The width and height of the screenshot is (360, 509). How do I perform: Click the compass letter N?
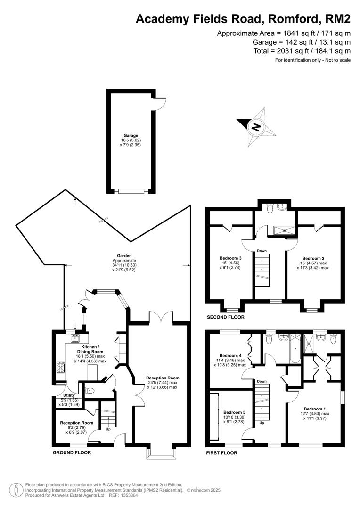tap(256, 127)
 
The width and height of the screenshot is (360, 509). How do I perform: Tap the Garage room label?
tap(131, 135)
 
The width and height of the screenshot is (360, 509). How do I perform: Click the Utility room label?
tap(69, 395)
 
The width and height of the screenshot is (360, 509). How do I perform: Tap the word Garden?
tap(125, 256)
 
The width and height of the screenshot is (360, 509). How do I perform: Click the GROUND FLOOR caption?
tap(72, 452)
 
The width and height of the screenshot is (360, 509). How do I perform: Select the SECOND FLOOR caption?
tap(226, 317)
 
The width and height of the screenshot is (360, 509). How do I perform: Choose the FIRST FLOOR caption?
tap(222, 452)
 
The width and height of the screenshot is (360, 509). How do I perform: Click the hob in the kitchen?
tap(61, 368)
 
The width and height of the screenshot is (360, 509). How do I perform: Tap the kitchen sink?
tap(76, 338)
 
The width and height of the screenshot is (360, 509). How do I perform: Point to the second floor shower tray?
tap(284, 230)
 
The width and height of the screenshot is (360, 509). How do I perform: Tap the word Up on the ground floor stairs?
tap(108, 429)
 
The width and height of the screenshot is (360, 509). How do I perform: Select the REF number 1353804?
tap(130, 496)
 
